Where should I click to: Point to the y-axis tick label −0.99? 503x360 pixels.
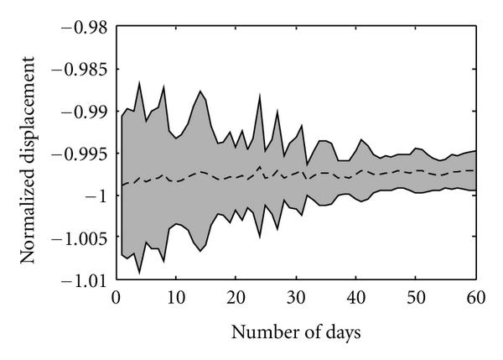click(79, 111)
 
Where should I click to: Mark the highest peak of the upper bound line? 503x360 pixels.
click(139, 82)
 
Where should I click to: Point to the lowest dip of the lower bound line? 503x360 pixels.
click(139, 272)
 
